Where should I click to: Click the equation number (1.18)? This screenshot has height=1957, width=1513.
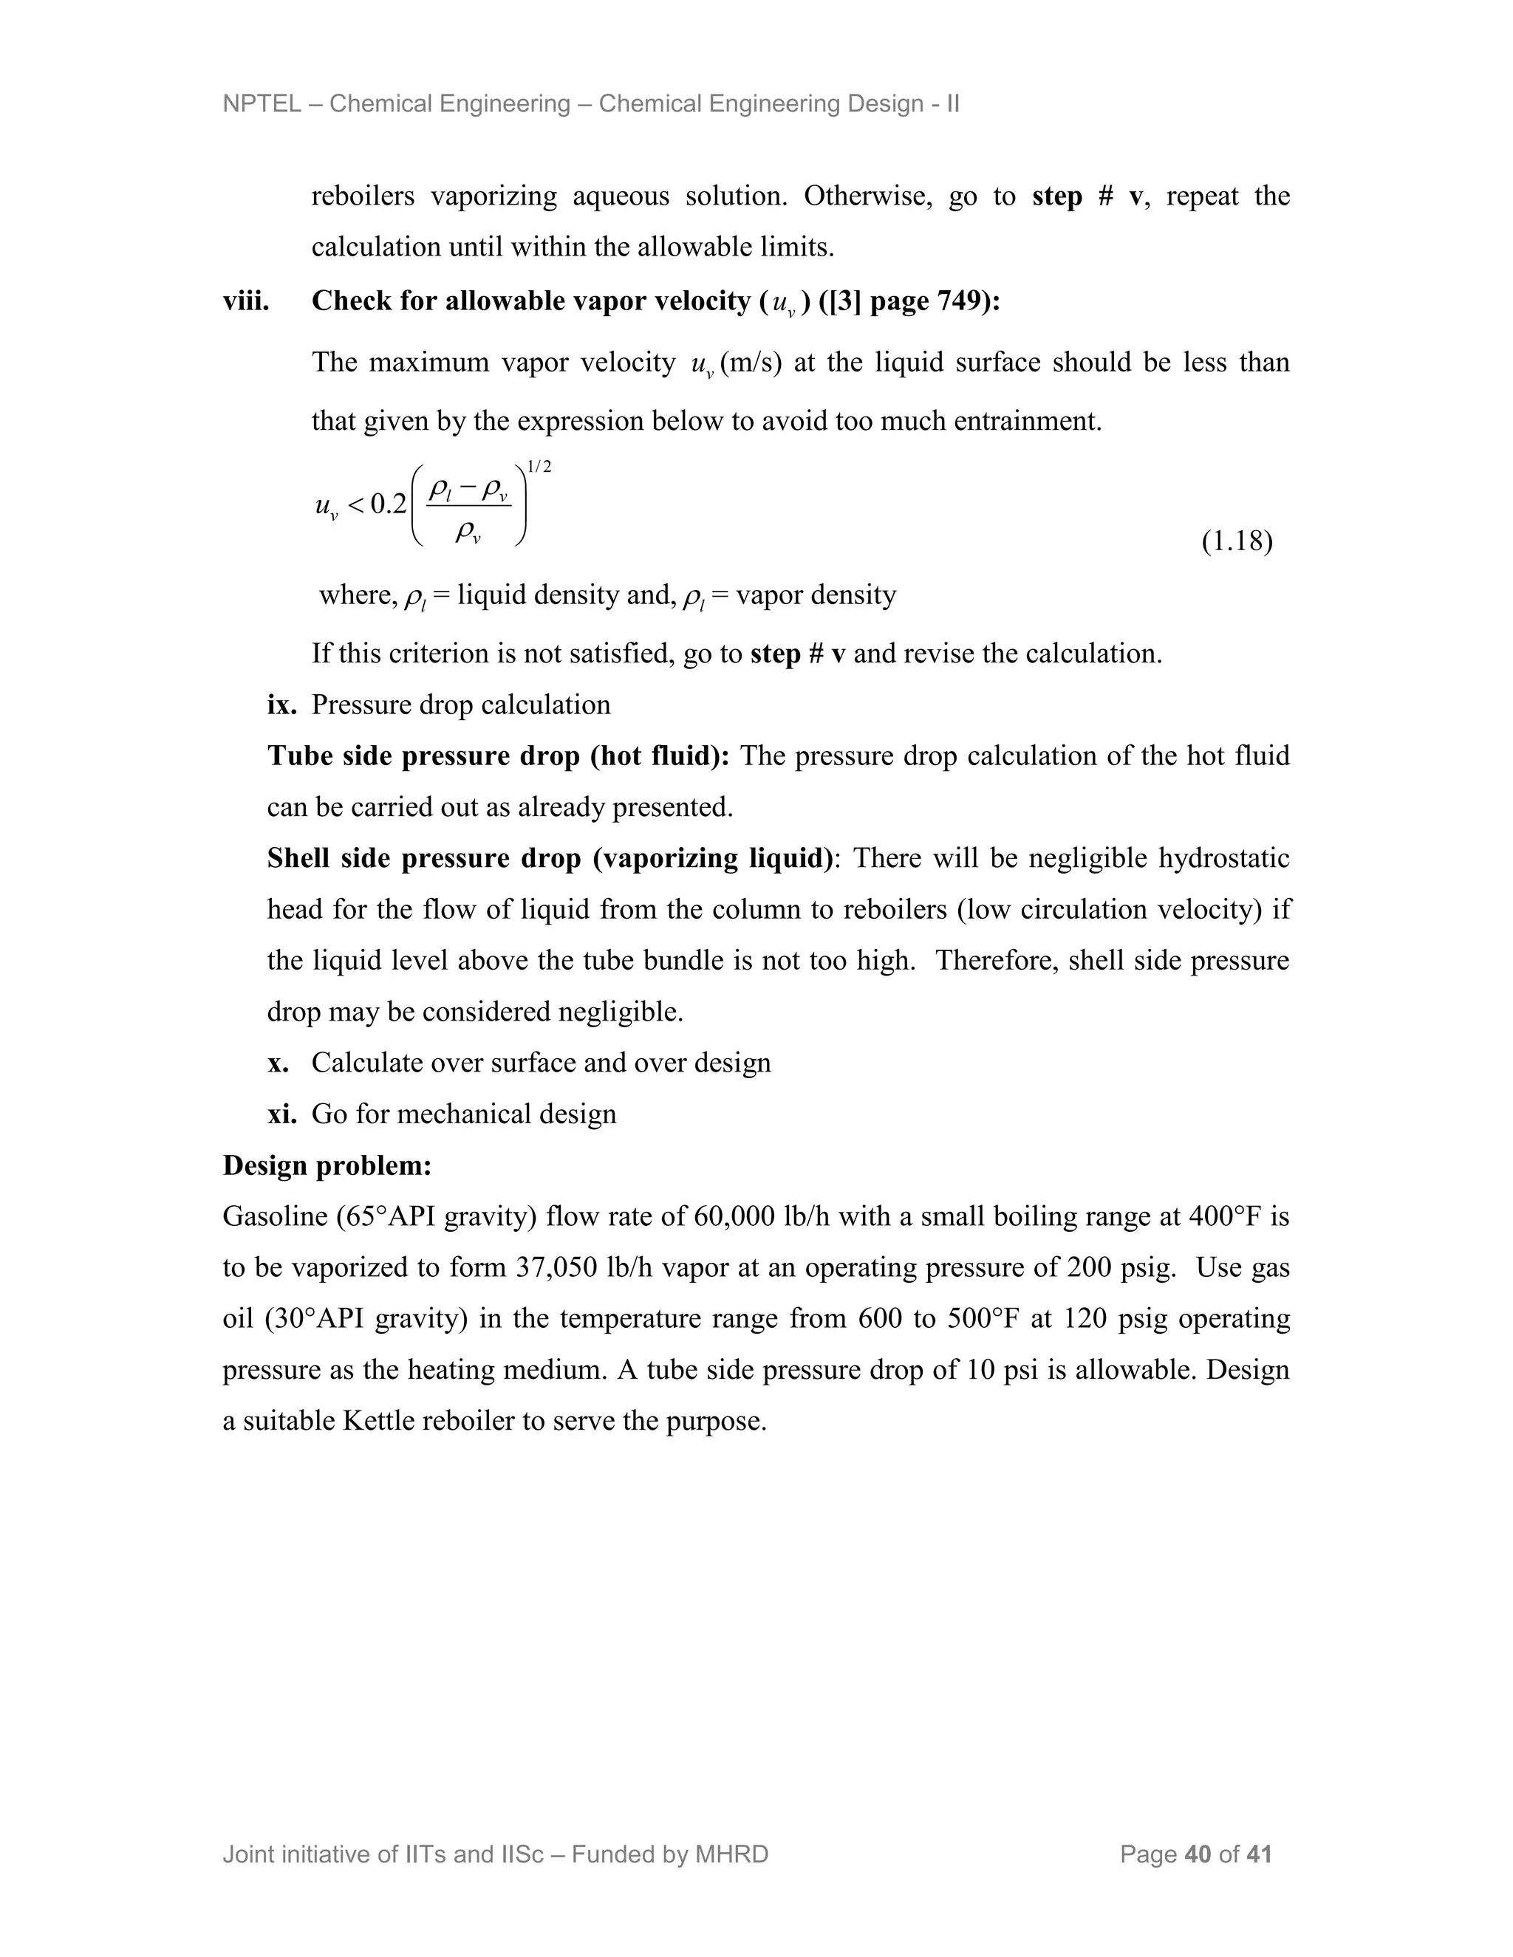point(1236,541)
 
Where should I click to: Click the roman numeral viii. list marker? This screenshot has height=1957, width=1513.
point(245,301)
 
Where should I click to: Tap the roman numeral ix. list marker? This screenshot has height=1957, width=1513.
point(281,705)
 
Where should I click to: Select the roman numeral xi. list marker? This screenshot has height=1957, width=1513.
point(281,1114)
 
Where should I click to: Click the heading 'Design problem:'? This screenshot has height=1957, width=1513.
point(327,1166)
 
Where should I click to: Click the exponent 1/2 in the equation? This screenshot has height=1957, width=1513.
point(539,467)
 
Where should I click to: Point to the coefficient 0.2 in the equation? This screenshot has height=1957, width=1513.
point(388,504)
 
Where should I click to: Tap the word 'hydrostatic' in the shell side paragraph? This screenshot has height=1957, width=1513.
point(1223,858)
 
